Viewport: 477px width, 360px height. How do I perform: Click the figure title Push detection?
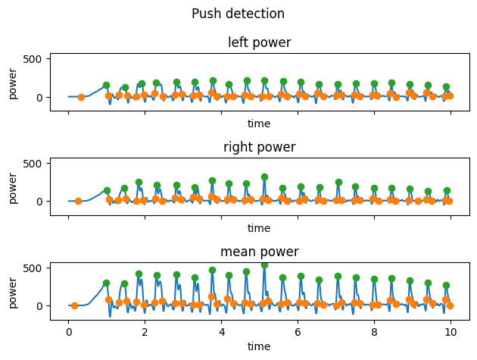[238, 14]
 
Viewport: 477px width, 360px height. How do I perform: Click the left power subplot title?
[259, 42]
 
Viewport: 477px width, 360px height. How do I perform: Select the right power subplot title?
[259, 147]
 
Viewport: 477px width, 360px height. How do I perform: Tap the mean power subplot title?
[259, 252]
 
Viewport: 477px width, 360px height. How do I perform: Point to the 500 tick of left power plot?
[36, 58]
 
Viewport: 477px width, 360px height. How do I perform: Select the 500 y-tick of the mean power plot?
[36, 268]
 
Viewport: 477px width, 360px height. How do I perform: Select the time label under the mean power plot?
[259, 346]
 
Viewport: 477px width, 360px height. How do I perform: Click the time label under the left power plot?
[259, 124]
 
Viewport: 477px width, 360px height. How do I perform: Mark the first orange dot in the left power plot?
[81, 97]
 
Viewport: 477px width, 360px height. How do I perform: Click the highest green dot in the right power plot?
[264, 177]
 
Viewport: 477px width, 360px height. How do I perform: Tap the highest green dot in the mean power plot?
[264, 265]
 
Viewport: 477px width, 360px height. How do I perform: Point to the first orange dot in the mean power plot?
[74, 305]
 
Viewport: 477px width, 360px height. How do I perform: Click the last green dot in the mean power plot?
[446, 286]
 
